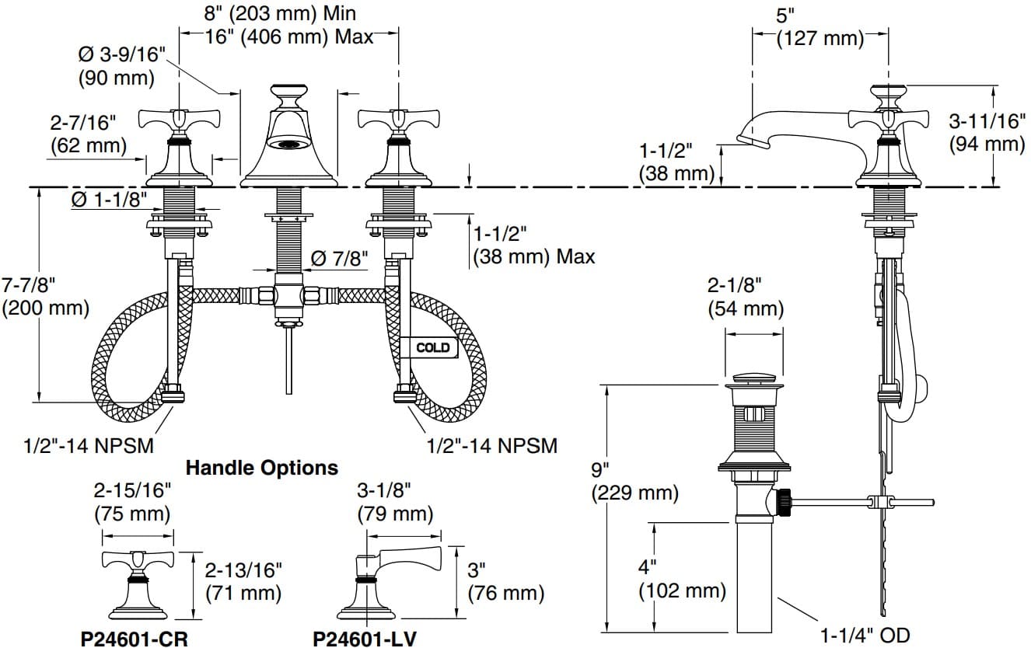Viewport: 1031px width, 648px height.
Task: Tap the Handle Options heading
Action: (262, 468)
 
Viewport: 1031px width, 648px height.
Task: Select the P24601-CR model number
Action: (135, 639)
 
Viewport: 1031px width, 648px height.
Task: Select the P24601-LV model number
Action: (365, 639)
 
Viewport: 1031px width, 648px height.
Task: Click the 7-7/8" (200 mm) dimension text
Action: (45, 297)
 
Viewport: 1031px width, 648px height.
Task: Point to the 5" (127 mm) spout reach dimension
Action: (820, 27)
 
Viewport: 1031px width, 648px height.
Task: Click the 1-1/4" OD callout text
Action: (865, 635)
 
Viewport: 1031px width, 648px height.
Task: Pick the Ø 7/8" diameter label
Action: (340, 259)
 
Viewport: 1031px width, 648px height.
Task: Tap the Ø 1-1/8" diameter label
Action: (110, 200)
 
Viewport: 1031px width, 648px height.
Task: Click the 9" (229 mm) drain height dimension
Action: (635, 482)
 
